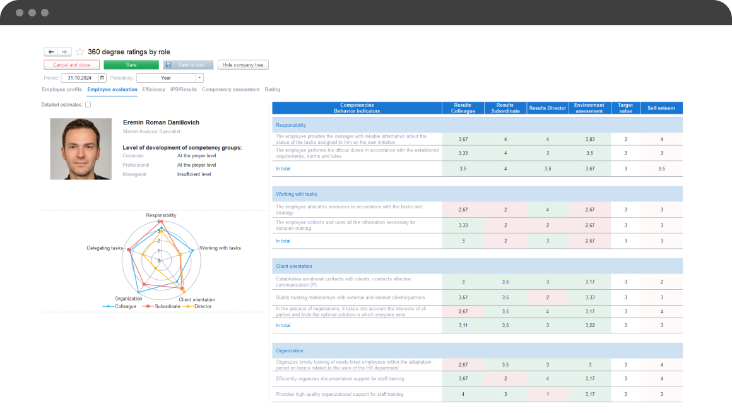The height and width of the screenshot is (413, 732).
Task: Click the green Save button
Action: point(131,65)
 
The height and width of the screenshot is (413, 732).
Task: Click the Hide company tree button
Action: point(243,65)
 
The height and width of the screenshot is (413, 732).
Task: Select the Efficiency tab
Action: point(153,90)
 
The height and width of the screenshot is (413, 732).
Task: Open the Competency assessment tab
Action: point(230,90)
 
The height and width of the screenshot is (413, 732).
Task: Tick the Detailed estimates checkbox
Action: point(88,105)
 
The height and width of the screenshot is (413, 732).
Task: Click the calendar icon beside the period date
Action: point(102,78)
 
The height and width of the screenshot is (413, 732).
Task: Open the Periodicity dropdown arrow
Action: point(199,78)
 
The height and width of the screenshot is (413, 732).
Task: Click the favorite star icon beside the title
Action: point(80,52)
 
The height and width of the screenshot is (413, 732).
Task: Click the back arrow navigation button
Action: point(51,52)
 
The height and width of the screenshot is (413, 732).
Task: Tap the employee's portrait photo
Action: point(81,149)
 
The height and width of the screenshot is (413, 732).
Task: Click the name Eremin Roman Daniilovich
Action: point(161,123)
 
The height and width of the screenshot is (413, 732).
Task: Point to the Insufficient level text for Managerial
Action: point(194,174)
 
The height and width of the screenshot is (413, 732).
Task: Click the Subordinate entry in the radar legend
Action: point(163,306)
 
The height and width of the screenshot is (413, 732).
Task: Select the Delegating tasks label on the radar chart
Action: point(105,248)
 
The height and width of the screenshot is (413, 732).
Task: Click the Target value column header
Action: point(625,108)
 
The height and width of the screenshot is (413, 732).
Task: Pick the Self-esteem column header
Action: point(661,108)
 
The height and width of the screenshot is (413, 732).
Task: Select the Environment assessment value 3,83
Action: point(589,139)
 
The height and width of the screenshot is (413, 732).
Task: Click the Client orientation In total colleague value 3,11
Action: point(463,325)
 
